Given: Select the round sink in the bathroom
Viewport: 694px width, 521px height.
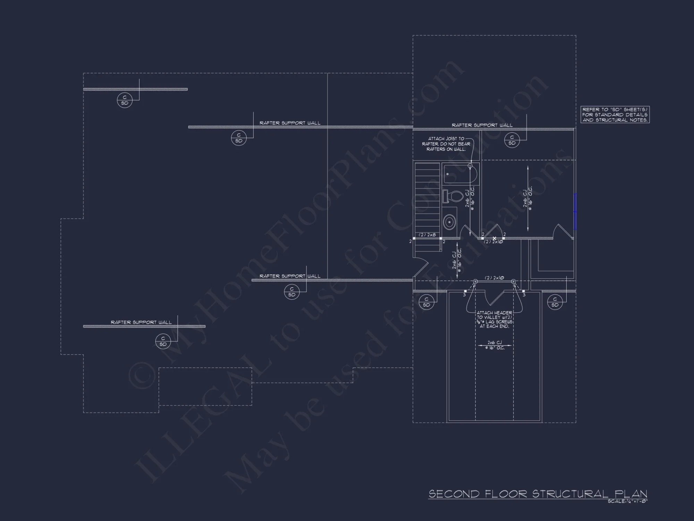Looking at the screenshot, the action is tap(449, 221).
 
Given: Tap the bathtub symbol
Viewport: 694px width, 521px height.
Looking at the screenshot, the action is tap(460, 174).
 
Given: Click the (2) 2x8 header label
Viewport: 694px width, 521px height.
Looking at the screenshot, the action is tap(427, 235).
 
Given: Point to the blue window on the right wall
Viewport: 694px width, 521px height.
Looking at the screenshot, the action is tap(575, 212).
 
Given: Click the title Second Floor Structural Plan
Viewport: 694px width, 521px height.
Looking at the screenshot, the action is tap(538, 494).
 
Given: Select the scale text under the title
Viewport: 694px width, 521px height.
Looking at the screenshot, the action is tap(627, 501).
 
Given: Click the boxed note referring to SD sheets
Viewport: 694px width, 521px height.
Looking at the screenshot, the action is tap(615, 115).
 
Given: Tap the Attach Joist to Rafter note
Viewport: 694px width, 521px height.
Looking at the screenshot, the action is tap(446, 144).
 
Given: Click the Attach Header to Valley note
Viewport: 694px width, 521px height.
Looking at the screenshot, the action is tap(494, 320).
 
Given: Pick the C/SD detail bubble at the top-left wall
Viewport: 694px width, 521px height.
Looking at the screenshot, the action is tap(125, 100).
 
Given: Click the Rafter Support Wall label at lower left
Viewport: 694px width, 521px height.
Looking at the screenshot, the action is tap(141, 322).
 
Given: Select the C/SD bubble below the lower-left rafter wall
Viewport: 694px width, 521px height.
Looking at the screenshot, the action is tap(163, 341).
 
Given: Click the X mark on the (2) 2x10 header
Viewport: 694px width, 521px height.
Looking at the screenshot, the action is tap(494, 238).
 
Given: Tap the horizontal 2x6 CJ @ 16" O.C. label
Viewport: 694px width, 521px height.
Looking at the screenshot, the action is tap(494, 345).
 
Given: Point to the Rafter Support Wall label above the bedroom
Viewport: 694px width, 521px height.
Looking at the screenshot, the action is tap(482, 125).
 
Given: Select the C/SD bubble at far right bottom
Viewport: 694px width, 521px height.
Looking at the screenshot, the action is tap(555, 302).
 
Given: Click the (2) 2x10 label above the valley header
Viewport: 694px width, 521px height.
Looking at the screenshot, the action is tap(494, 278).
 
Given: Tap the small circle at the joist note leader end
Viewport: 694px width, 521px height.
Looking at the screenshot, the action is tap(470, 166).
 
